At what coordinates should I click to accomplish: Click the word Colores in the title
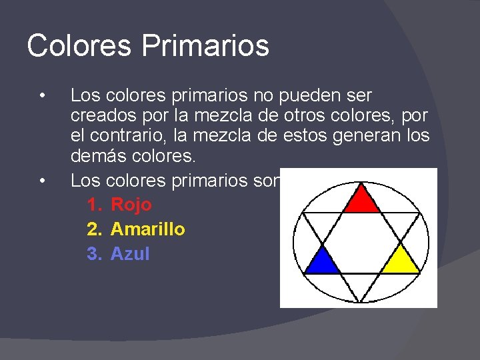click(x=79, y=46)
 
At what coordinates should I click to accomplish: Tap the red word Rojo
click(x=131, y=205)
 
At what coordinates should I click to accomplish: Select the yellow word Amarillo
click(x=148, y=229)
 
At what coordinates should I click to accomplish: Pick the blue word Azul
click(x=130, y=254)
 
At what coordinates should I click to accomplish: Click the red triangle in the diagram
click(x=361, y=198)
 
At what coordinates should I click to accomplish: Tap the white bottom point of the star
click(x=361, y=291)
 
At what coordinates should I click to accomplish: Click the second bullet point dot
click(x=42, y=180)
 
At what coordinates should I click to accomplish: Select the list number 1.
click(x=93, y=205)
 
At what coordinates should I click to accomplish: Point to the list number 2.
click(x=93, y=229)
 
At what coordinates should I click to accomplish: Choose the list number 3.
click(x=93, y=254)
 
